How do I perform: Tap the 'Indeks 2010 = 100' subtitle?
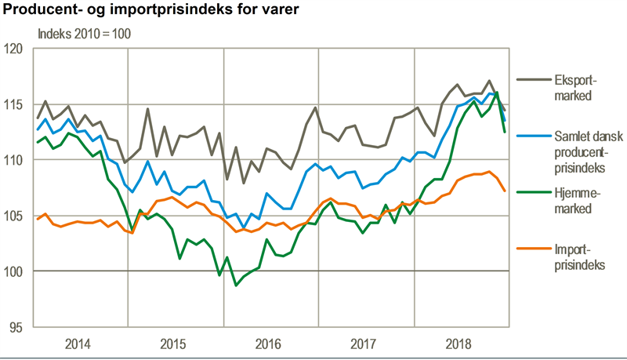(85, 35)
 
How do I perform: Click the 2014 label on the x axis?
(80, 344)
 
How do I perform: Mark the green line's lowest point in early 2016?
(237, 285)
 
